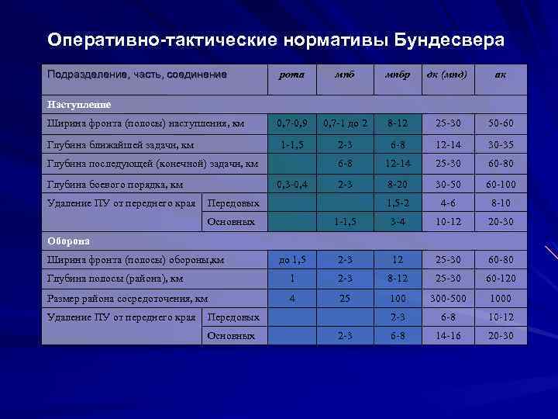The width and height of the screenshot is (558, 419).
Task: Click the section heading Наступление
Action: (79, 103)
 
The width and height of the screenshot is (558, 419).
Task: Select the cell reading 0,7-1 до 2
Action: (345, 124)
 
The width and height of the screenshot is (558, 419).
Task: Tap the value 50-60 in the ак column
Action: (500, 124)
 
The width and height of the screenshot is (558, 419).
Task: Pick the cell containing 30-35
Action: (500, 144)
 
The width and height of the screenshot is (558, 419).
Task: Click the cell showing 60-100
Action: (500, 185)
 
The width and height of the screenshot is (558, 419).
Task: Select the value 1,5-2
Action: (397, 203)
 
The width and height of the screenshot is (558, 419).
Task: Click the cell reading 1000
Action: (500, 298)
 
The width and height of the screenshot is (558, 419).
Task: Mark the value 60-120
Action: (500, 279)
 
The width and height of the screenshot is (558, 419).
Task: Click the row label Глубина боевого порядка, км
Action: (115, 185)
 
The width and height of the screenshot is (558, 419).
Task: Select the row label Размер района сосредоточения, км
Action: (127, 298)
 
